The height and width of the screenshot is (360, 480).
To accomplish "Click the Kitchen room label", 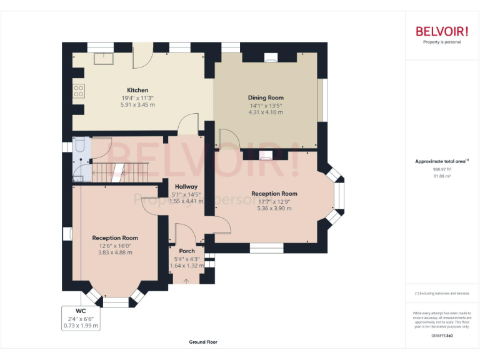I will pos(137,90).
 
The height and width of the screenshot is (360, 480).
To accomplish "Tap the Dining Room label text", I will pos(266,97).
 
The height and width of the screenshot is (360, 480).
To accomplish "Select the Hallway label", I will pos(186,186).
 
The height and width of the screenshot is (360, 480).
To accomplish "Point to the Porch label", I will pos(187,251).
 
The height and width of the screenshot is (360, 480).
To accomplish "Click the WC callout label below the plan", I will pos(81,311).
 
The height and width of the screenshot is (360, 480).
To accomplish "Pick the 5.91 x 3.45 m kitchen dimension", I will pos(137,105).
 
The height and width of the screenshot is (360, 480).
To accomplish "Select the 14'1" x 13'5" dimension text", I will pos(266,105).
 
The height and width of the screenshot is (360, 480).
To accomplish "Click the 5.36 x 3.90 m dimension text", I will pos(274,208).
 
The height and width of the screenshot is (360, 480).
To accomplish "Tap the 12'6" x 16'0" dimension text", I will pos(115,246).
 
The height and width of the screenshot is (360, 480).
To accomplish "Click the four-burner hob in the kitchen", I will pos(79,92).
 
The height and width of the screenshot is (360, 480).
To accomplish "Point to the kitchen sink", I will pos(100,58).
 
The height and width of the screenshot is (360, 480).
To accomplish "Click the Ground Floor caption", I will pos(203,342).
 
